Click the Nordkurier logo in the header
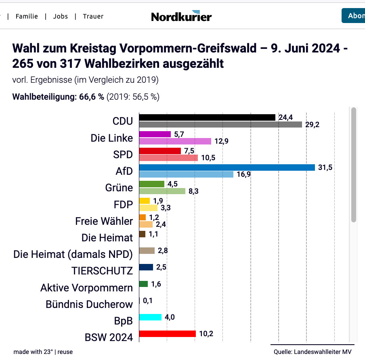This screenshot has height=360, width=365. click(181, 16)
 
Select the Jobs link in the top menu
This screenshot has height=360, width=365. click(60, 17)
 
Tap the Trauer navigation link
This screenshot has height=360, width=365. click(93, 17)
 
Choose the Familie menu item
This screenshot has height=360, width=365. click(27, 17)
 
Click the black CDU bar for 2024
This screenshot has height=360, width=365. click(207, 117)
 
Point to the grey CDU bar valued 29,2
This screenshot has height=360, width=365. click(220, 125)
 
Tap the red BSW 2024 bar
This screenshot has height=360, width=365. click(167, 334)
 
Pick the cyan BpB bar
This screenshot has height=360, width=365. click(150, 317)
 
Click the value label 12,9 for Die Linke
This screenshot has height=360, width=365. click(220, 141)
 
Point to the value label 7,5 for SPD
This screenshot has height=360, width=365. click(189, 151)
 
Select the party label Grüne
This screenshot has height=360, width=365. click(119, 188)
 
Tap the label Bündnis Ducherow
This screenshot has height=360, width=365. click(89, 304)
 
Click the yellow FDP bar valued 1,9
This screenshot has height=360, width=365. click(144, 201)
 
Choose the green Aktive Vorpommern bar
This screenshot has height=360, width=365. click(143, 284)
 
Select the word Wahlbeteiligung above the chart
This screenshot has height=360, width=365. click(42, 97)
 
